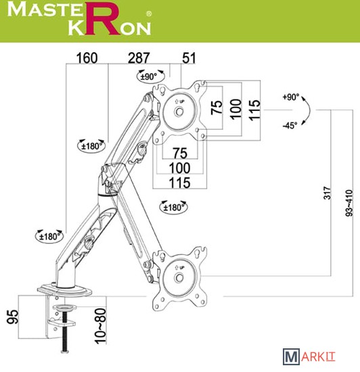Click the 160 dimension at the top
tap(87, 58)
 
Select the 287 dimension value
tap(139, 58)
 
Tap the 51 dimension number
tap(189, 58)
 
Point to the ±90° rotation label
tap(149, 76)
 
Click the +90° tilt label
tap(291, 97)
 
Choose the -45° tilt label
tap(290, 126)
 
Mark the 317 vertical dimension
tap(328, 193)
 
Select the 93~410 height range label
tap(349, 203)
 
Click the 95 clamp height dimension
tap(12, 317)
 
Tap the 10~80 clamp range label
tap(100, 326)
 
